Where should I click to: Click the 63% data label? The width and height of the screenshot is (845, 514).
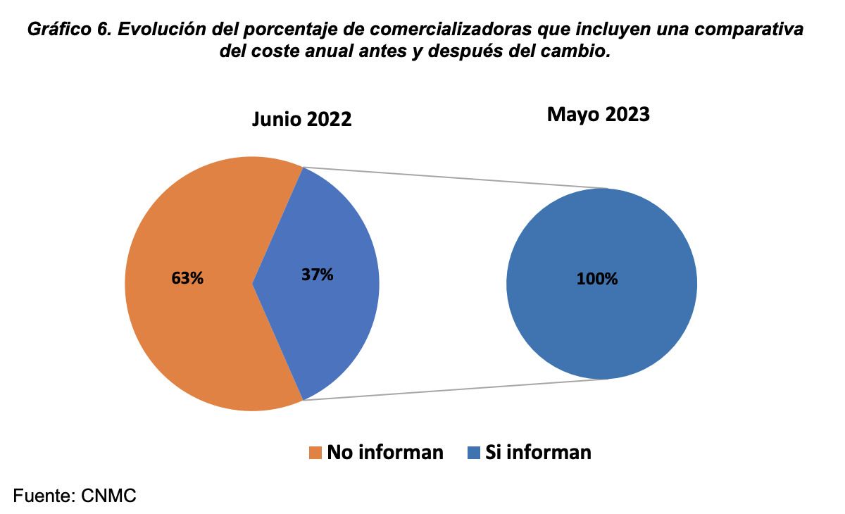click(187, 278)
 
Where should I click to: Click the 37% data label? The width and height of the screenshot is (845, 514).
click(317, 275)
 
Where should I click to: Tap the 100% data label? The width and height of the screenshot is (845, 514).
click(597, 279)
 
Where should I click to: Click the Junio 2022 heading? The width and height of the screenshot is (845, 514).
click(301, 119)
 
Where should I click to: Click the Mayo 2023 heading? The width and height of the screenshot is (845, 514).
click(598, 114)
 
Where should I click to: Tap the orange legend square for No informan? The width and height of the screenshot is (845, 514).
click(315, 452)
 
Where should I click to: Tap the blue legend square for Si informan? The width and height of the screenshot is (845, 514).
click(473, 452)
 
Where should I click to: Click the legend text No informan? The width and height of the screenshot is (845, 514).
click(384, 452)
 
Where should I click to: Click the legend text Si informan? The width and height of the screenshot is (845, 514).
click(538, 452)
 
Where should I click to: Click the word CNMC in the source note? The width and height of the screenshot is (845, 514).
click(108, 496)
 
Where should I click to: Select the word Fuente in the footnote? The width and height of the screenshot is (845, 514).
click(42, 496)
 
